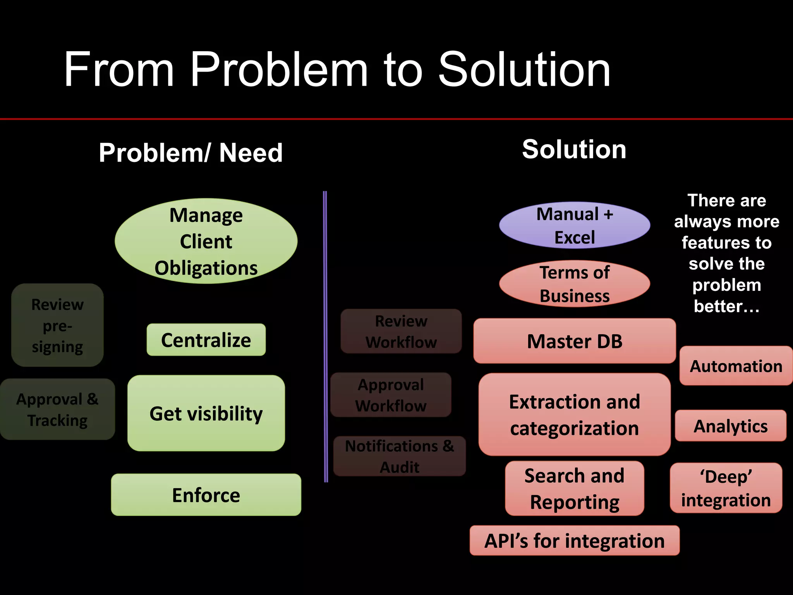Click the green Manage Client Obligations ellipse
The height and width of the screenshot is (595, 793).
point(206,241)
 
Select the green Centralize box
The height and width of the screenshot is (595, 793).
point(206,340)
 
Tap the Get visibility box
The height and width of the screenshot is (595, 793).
point(206,413)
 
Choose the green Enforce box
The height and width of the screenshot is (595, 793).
point(206,495)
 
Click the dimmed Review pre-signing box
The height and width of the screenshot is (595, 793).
point(57,325)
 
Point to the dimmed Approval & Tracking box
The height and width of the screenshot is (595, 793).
point(57,409)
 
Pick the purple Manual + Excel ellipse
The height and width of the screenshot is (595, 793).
point(575,225)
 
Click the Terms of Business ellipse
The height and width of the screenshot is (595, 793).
point(575,284)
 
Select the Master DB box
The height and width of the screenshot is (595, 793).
point(575,341)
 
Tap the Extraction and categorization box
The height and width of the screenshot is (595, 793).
point(575,414)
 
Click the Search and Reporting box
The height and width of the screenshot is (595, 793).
point(575,488)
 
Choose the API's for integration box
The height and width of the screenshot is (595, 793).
point(575,540)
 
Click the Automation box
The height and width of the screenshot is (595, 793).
point(736,366)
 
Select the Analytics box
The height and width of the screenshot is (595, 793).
point(731,426)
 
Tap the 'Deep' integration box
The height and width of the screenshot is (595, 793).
point(726,488)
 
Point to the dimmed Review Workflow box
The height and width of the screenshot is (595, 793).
point(401,331)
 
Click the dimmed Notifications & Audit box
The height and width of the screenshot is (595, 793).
point(400,456)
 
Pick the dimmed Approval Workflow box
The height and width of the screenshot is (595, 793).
point(391,395)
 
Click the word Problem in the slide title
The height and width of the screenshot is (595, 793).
point(279,70)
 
